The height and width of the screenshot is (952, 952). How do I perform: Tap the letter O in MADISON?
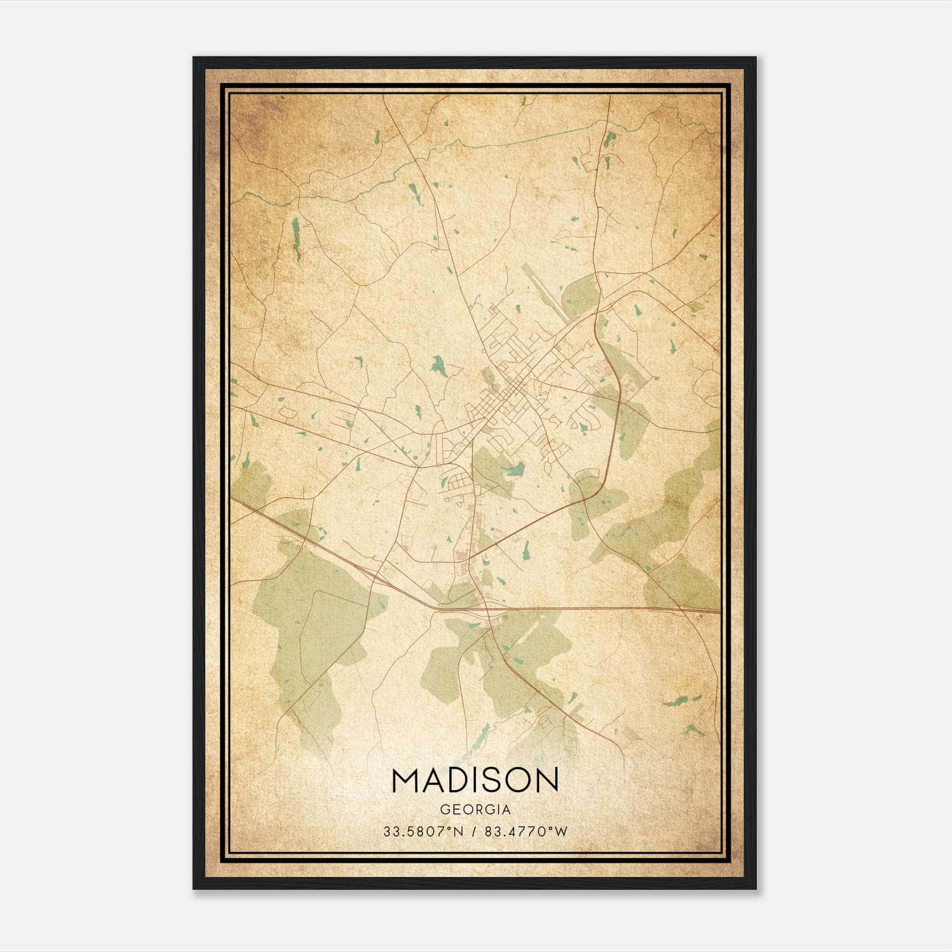click(515, 780)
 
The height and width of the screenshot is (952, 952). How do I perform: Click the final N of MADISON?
click(545, 780)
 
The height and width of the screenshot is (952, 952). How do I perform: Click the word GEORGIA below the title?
click(475, 810)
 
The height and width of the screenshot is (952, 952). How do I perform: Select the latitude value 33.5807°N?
click(423, 831)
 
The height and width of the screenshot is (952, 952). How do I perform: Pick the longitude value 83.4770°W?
click(526, 831)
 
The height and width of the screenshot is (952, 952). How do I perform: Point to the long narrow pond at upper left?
click(296, 238)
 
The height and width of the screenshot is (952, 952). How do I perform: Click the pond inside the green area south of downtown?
click(513, 470)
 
